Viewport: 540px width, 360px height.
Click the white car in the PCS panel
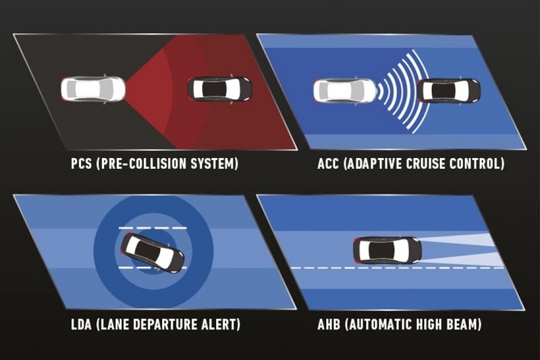(93, 89)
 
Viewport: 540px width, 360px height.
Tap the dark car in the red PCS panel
(220, 89)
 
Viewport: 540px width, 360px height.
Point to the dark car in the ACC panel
(449, 91)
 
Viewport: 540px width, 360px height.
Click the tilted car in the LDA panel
(153, 253)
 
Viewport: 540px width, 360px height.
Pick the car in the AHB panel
(387, 250)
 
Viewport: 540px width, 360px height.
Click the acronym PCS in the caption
(82, 163)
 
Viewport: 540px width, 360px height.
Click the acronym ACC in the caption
(328, 163)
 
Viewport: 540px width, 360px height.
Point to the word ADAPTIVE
(374, 163)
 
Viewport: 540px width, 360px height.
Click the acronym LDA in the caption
(81, 324)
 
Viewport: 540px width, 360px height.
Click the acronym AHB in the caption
(329, 324)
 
